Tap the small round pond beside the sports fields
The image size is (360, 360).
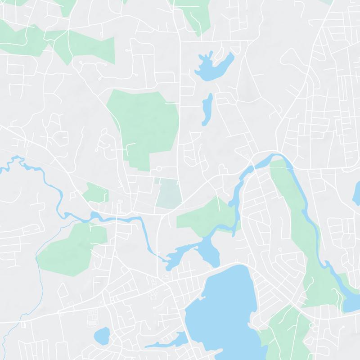(102, 336)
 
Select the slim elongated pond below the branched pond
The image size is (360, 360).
(207, 110)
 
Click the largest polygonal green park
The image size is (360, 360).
(144, 126)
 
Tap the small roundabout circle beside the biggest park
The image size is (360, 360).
(158, 169)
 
